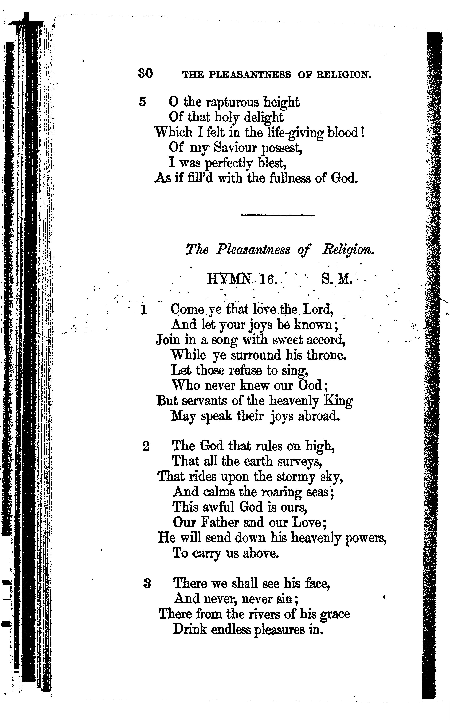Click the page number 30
point(145,73)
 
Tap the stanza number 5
point(143,102)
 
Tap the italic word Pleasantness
point(253,250)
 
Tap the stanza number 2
point(146,447)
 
